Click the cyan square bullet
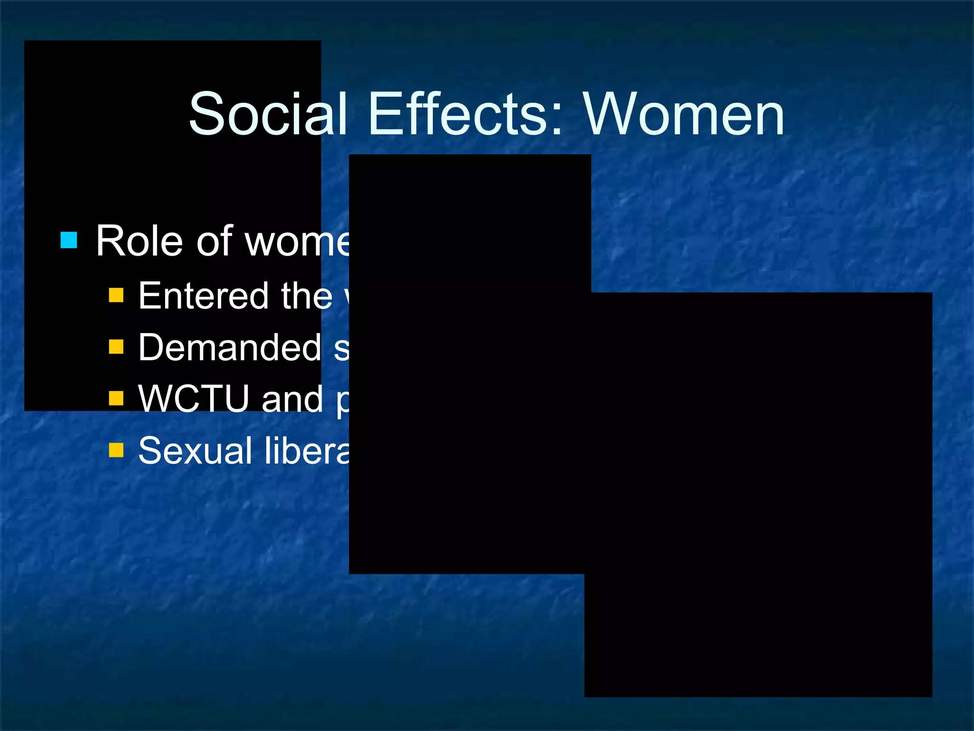tap(69, 240)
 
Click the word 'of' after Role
tap(214, 241)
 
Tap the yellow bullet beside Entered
tap(116, 295)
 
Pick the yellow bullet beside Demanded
tap(116, 346)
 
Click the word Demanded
tap(230, 347)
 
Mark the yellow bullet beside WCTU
tap(116, 398)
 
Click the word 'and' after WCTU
tap(292, 400)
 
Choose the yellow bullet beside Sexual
tap(116, 450)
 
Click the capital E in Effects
tap(383, 114)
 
